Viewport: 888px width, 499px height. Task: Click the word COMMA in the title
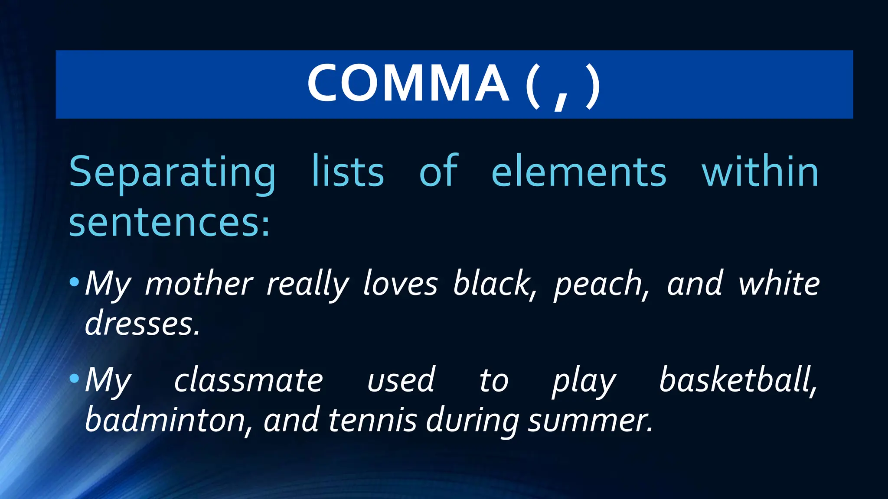408,83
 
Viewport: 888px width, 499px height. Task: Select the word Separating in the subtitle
173,173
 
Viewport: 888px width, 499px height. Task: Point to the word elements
579,173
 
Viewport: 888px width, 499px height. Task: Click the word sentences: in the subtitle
170,223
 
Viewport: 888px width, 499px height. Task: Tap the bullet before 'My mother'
74,282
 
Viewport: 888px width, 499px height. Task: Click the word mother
199,284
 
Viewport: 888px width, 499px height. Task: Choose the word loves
401,284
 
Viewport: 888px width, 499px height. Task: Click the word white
779,284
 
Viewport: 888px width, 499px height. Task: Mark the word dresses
142,324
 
